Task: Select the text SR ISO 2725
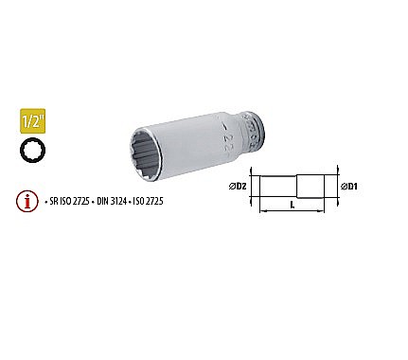click(68, 201)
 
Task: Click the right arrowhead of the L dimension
click(328, 212)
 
